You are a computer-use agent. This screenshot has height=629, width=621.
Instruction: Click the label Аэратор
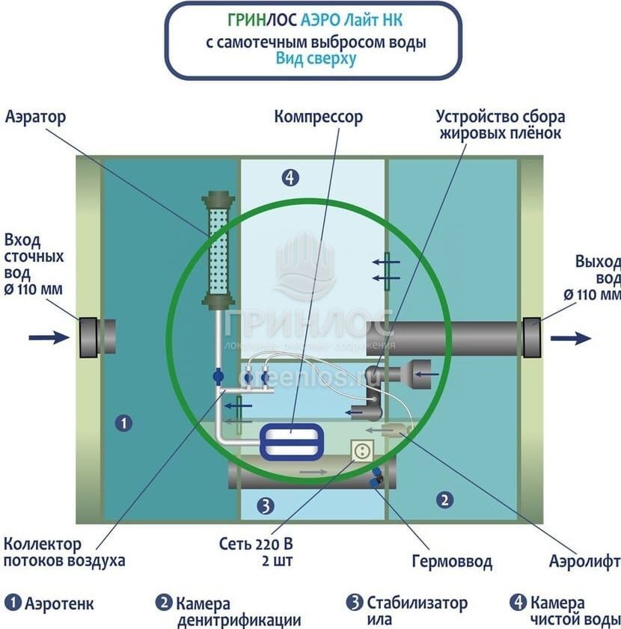pos(35,117)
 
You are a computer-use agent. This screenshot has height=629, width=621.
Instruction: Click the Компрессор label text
pos(318,117)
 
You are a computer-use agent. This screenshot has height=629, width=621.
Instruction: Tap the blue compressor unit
pos(292,442)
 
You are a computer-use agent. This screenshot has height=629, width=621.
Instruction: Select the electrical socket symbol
pos(362,450)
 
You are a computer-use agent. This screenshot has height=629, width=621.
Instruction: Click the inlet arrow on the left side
pos(49,337)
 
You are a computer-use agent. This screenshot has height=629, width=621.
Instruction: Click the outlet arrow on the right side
pos(570,338)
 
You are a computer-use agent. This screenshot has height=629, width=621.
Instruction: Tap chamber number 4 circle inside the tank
pos(290,177)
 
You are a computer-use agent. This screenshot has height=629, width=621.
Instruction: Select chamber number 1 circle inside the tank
pos(123,423)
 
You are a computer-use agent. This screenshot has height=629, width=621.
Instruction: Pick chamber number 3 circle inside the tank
pos(266,506)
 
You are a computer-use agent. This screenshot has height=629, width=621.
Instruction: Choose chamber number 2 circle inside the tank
pos(444,500)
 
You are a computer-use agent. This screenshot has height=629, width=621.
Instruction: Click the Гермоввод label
pos(452,561)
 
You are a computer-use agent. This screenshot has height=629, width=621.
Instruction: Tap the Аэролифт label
pos(584,561)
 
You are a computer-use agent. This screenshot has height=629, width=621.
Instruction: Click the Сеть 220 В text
pos(256,544)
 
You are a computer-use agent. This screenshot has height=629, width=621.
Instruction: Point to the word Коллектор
pos(43,544)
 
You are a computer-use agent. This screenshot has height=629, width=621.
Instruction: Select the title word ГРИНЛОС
pos(263,20)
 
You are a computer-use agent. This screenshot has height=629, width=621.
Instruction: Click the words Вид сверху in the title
pos(316,58)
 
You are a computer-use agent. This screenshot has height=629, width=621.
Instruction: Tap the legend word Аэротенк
pos(59,603)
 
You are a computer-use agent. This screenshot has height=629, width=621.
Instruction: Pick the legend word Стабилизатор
pos(417,603)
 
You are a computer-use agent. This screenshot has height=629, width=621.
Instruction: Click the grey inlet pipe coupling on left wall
pos(88,337)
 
